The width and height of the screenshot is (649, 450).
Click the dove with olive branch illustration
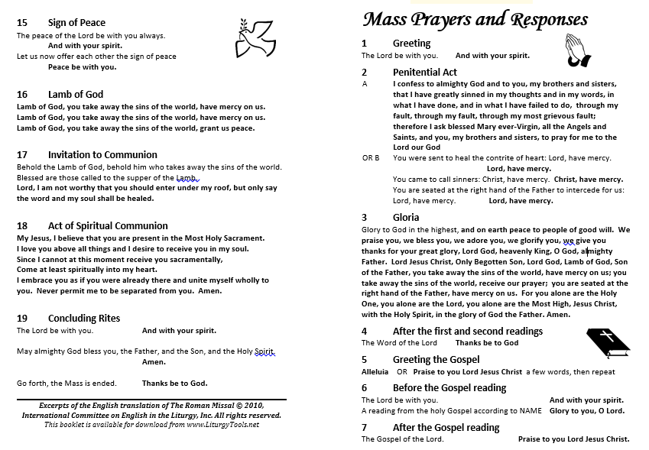258,39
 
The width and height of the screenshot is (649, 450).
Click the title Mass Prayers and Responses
475,19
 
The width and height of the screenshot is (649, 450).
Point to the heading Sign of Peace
76,23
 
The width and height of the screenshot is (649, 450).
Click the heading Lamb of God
76,95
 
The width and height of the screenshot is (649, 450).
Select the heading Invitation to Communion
102,154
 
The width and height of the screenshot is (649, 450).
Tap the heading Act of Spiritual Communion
108,225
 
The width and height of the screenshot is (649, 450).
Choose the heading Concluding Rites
84,318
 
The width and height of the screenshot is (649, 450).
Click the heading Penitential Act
425,72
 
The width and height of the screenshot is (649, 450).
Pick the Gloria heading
406,217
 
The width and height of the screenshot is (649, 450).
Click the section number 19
22,318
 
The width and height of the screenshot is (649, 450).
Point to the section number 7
365,427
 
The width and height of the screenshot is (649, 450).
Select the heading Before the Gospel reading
449,387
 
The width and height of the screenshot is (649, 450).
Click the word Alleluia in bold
375,372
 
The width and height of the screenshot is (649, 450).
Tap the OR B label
371,158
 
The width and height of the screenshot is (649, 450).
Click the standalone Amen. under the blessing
154,362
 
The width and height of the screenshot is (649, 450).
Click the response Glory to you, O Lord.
586,411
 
